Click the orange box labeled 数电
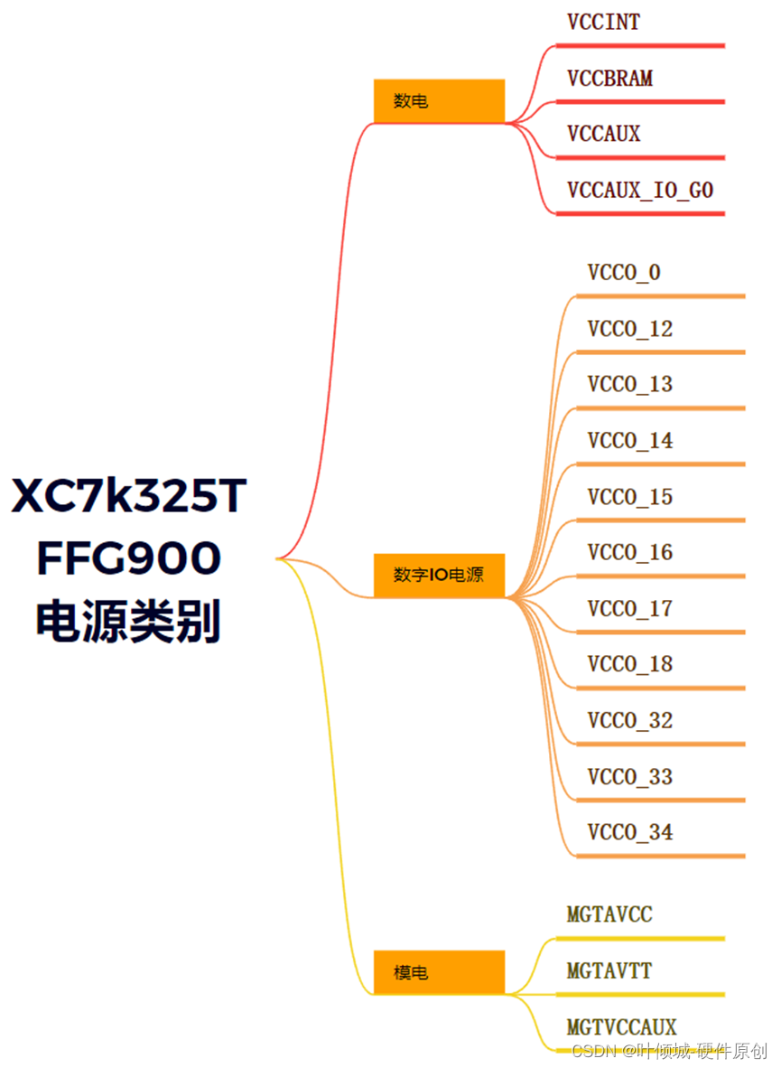(439, 101)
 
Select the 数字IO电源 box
(439, 576)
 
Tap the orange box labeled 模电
(439, 972)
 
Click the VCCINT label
(603, 23)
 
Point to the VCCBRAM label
(609, 79)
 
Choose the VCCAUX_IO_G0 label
(640, 190)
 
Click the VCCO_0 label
(624, 272)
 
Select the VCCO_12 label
(630, 329)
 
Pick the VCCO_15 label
(630, 497)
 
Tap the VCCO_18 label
(630, 664)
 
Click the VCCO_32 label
(630, 721)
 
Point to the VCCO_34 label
(630, 832)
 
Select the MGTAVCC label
(609, 914)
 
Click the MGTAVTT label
(609, 971)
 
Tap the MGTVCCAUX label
(621, 1027)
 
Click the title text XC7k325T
(129, 497)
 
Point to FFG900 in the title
(129, 559)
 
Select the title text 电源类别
(129, 622)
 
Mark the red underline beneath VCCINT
(640, 45)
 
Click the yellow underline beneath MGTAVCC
(640, 939)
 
